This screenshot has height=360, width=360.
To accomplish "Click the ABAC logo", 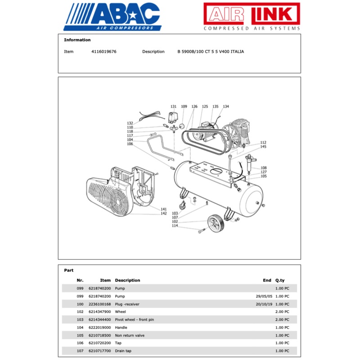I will (112, 17).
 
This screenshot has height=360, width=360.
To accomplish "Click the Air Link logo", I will (252, 17).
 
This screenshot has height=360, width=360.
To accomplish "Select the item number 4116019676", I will (103, 52).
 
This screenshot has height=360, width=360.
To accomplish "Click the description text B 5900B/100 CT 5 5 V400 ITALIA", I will (211, 52).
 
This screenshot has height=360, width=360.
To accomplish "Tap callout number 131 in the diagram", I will (173, 107).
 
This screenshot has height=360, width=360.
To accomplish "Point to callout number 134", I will (225, 107).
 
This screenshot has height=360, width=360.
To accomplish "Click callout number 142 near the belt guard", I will (164, 213).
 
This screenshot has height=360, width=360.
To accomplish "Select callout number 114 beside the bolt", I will (175, 226).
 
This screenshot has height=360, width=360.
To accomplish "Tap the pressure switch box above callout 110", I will (173, 117).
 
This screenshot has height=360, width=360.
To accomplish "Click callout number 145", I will (263, 147).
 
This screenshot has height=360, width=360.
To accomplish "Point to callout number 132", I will (130, 123).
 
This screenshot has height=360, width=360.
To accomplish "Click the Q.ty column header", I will (280, 280).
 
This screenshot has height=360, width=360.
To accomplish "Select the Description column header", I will (127, 280).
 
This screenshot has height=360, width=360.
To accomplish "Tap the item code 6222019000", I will (99, 328).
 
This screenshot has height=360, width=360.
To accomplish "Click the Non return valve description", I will (130, 335).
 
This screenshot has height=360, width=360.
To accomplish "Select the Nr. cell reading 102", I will (80, 312).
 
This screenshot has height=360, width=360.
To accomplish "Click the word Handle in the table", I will (121, 328).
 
